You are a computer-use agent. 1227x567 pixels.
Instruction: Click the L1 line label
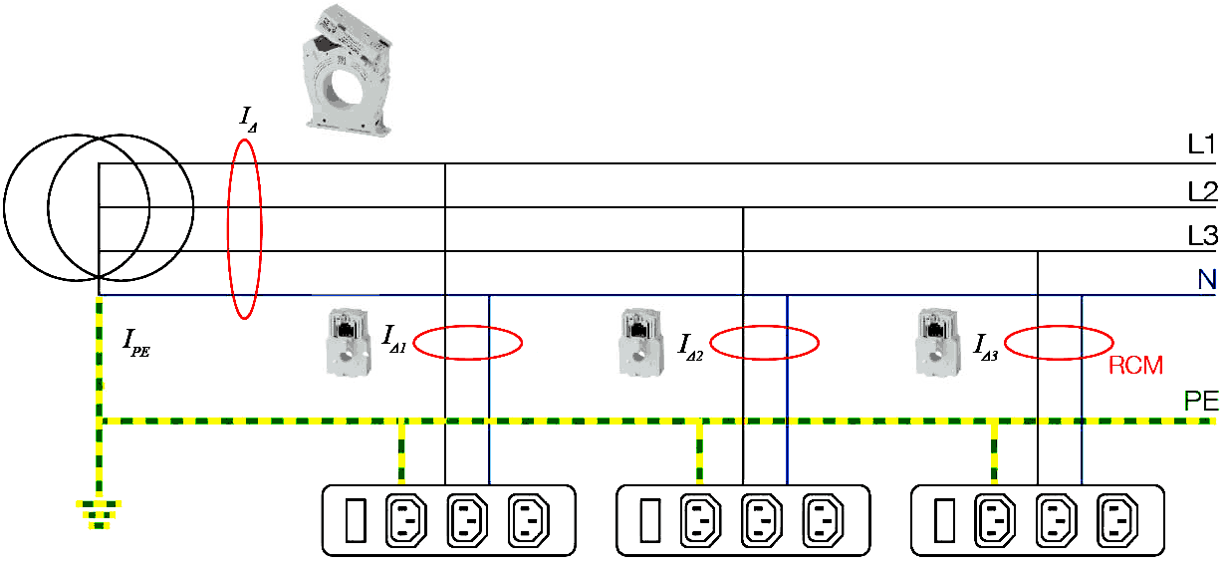click(x=1201, y=145)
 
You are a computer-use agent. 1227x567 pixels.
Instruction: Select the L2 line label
click(x=1201, y=190)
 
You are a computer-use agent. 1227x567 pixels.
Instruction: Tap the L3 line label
click(x=1201, y=236)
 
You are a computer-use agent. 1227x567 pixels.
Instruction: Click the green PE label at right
click(x=1200, y=401)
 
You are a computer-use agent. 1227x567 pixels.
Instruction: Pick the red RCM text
click(x=1135, y=366)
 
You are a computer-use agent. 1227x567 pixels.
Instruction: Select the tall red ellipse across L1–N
click(x=245, y=228)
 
